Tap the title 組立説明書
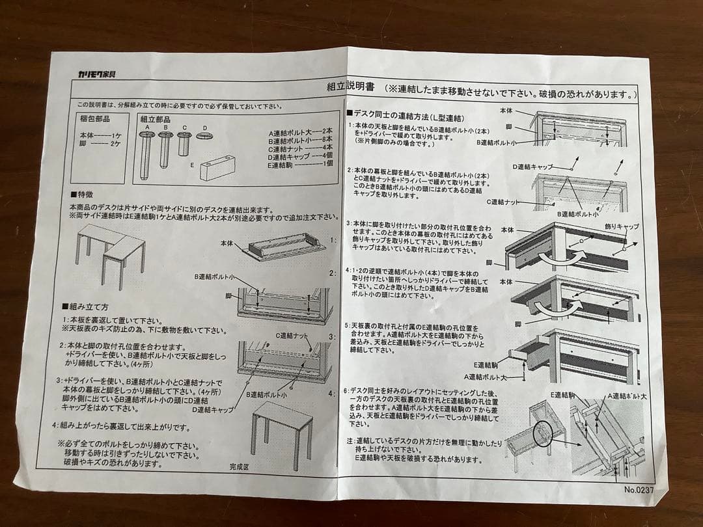(x=350, y=87)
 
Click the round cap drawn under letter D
(x=205, y=135)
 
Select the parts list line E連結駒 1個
(x=300, y=165)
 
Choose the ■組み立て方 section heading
(x=85, y=306)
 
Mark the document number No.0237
(x=638, y=489)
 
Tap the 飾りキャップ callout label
(x=622, y=226)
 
